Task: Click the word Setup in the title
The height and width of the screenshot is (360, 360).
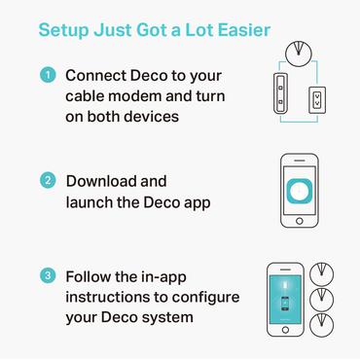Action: coord(64,30)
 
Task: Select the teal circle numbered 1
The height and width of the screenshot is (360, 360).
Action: coord(47,76)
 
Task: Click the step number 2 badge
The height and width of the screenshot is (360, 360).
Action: coord(47,182)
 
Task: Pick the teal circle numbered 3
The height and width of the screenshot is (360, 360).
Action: coord(47,277)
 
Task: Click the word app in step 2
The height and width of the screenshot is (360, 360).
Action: coord(195,202)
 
